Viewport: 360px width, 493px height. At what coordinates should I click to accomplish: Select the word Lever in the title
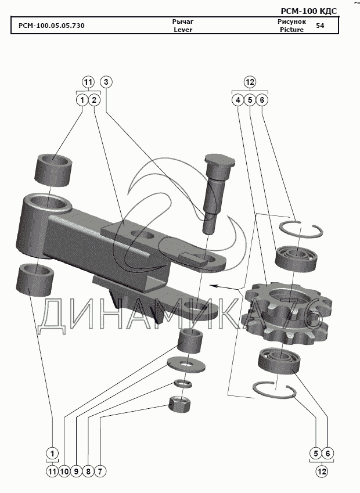[x=183, y=30]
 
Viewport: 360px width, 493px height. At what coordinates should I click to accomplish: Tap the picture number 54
[x=321, y=26]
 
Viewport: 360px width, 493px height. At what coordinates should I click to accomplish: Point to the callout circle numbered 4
[x=237, y=100]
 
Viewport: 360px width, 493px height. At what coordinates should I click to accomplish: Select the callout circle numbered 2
[x=95, y=100]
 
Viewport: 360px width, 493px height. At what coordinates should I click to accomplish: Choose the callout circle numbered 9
[x=76, y=472]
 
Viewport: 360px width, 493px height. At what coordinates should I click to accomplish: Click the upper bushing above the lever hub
[x=54, y=168]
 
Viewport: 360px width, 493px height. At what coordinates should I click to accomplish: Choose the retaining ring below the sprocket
[x=274, y=388]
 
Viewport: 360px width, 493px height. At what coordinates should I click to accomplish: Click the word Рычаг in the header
[x=183, y=21]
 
